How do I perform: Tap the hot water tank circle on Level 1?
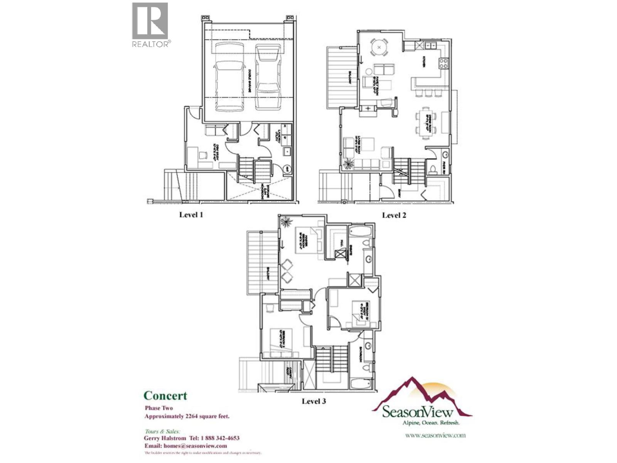coord(287,169)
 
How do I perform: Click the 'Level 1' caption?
coord(191,215)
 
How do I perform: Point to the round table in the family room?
coord(379,47)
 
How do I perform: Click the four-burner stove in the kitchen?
coord(443,63)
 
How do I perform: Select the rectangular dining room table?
coord(426,123)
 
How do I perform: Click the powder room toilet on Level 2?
coord(433,169)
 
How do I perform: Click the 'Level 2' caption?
coord(394,215)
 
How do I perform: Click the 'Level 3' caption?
coord(314,401)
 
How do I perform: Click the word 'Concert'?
coord(165,395)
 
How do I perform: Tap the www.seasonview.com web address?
coord(435,435)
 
